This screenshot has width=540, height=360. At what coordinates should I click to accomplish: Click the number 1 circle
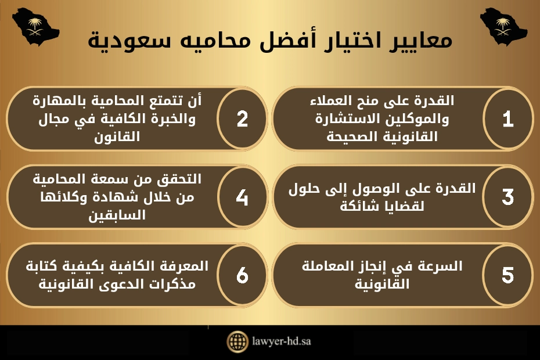[x=507, y=119]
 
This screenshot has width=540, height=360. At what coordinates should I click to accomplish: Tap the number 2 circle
[x=242, y=119]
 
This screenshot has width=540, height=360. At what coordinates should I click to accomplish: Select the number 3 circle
[x=507, y=197]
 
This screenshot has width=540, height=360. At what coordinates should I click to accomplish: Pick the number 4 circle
[x=242, y=197]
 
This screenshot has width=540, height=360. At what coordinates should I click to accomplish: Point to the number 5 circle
[x=507, y=275]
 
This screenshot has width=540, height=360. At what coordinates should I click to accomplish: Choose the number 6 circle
[x=242, y=275]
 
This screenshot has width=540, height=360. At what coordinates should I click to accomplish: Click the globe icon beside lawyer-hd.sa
[x=237, y=341]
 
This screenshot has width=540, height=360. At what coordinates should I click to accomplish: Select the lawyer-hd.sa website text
[x=281, y=341]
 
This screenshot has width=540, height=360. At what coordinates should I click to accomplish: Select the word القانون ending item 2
[x=121, y=138]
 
